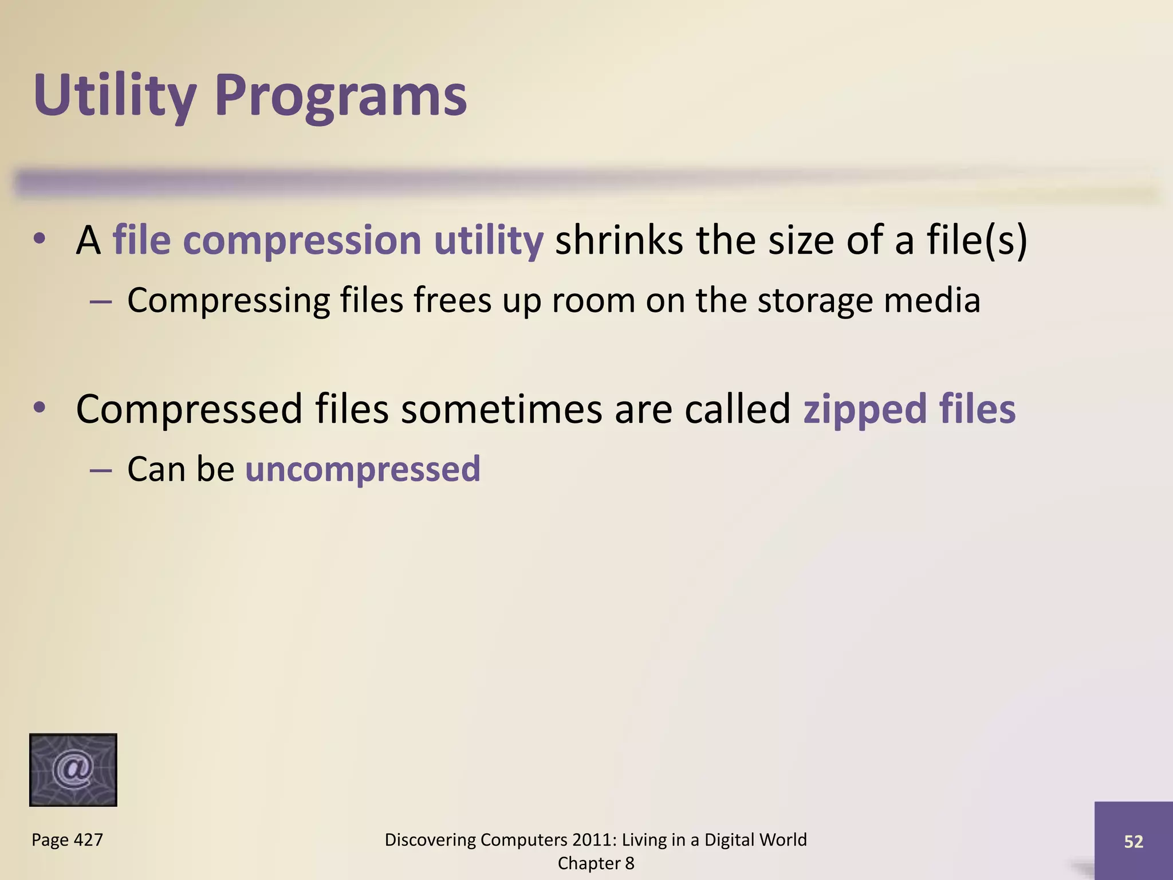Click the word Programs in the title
[x=341, y=96]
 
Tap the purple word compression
[x=302, y=240]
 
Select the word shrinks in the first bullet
[x=619, y=240]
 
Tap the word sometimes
[x=501, y=409]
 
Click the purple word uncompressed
[x=363, y=469]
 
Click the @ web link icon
[x=73, y=769]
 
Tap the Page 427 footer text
[x=67, y=840]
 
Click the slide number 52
[x=1133, y=841]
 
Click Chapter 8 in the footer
[x=596, y=863]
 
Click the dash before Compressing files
[x=101, y=301]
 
